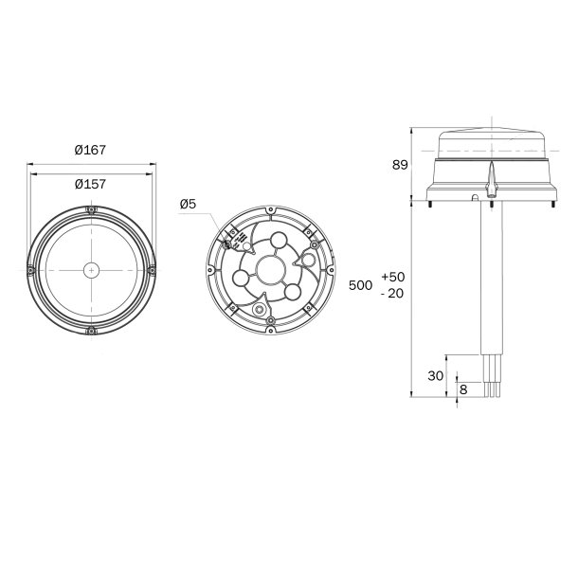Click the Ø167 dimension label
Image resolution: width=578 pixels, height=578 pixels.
[90, 150]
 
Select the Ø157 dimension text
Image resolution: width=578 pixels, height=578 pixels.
[90, 184]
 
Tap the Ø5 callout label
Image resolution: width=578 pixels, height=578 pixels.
[188, 205]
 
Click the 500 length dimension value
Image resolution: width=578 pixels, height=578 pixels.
[360, 285]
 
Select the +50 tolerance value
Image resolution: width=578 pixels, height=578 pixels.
[392, 277]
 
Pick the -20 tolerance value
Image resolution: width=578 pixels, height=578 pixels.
[392, 294]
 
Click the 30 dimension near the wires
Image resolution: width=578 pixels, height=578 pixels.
[435, 375]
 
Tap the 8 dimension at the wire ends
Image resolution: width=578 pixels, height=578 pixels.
[462, 389]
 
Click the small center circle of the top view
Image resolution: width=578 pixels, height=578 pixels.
[90, 269]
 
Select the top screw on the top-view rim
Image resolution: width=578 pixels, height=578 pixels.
[90, 209]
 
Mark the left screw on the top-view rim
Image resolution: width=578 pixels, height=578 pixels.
[30, 270]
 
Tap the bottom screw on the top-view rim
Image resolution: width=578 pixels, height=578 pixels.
[90, 330]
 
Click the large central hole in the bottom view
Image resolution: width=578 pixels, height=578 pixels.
[270, 271]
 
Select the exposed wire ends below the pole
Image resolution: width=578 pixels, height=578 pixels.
[494, 379]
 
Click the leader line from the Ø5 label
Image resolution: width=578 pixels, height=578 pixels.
[214, 220]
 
